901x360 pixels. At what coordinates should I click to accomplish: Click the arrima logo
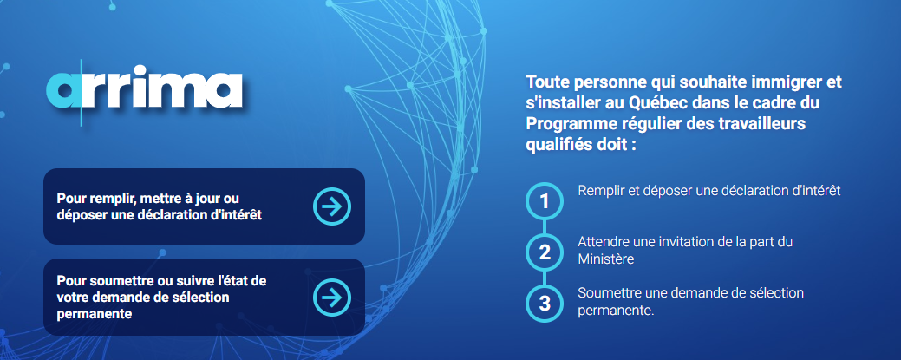coord(144,90)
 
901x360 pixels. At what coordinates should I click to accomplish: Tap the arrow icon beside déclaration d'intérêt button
coord(332,206)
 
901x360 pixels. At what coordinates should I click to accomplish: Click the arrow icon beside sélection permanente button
coord(332,297)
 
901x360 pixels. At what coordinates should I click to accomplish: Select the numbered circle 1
coord(545,201)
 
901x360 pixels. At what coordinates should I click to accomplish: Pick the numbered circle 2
coord(545,252)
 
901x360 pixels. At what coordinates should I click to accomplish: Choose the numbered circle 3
coord(545,303)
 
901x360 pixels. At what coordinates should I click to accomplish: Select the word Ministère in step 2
coord(605,259)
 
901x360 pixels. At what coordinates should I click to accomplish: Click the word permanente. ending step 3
coord(617,311)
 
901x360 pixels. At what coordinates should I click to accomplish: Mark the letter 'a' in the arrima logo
coord(64,90)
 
